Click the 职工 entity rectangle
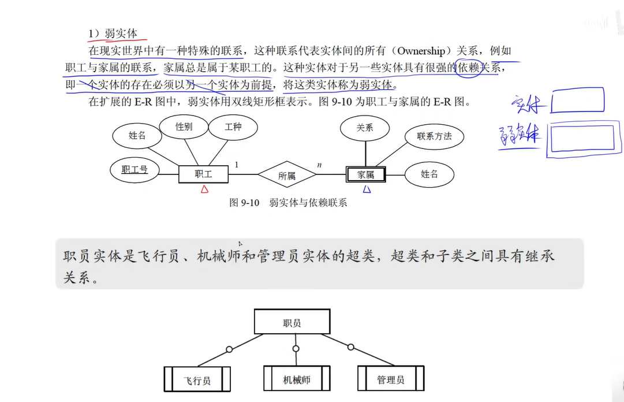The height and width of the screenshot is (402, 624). coord(203,174)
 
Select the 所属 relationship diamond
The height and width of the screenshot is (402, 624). coord(287,175)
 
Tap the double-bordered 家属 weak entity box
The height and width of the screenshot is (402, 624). coord(365,174)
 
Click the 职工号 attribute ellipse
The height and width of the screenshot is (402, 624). coord(134,169)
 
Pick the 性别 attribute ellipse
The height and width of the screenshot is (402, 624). coord(184,127)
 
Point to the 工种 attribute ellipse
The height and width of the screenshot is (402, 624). coord(233,127)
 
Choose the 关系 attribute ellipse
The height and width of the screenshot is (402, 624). coord(365,128)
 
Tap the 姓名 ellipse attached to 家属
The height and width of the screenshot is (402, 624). coord(429,174)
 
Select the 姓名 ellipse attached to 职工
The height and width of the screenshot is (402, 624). coord(137,136)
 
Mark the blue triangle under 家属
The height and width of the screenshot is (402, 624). coord(367,189)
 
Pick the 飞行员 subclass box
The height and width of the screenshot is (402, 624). coord(197,379)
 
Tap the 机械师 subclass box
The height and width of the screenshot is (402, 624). coord(297,379)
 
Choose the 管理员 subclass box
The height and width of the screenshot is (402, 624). coord(391,379)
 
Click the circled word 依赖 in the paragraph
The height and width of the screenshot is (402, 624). coord(469,68)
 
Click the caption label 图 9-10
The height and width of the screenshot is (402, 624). coord(245,203)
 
